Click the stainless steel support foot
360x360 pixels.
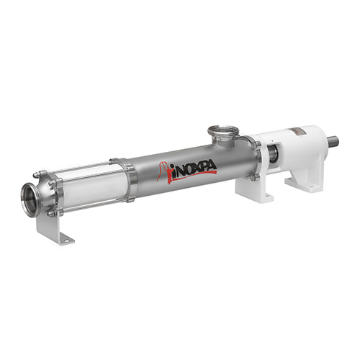[x=55, y=228]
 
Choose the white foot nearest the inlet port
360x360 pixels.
[x=254, y=189]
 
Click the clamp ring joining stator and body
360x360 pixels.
[x=130, y=180]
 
